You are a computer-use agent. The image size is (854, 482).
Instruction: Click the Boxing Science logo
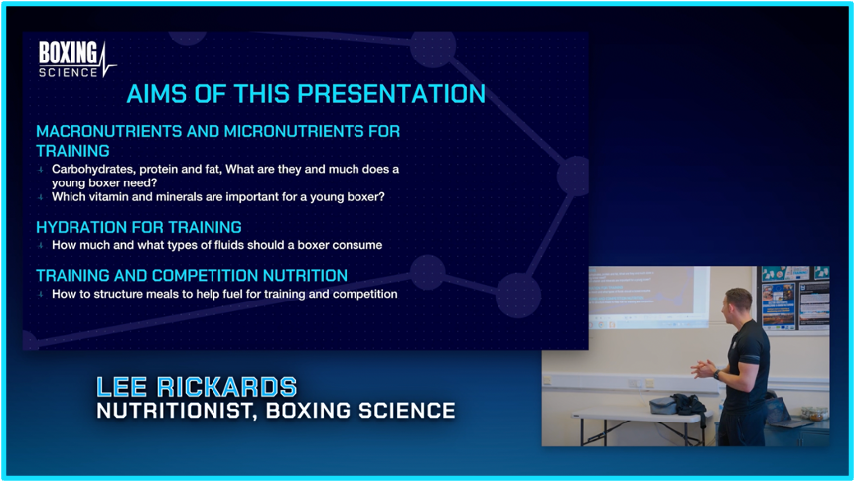click(x=76, y=60)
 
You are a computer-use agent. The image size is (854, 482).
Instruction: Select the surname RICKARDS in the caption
click(x=227, y=387)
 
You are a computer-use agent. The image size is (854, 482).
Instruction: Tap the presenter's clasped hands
click(x=703, y=369)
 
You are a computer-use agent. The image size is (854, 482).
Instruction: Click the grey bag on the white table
click(x=663, y=406)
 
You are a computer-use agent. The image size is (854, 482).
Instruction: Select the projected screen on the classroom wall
click(x=649, y=298)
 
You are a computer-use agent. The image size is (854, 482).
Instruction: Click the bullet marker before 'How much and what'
click(x=41, y=245)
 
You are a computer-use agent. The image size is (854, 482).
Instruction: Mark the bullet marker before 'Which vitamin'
click(x=41, y=197)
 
